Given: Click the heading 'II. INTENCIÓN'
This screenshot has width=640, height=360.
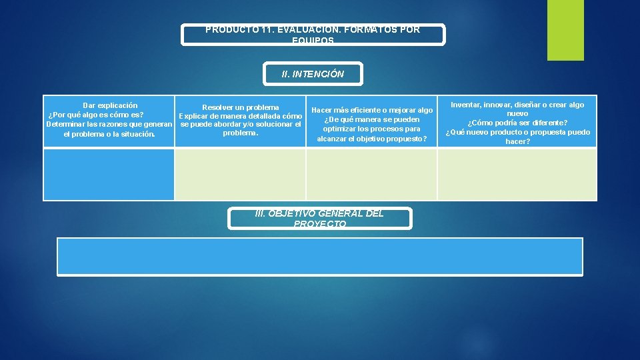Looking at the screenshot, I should pyautogui.click(x=313, y=74).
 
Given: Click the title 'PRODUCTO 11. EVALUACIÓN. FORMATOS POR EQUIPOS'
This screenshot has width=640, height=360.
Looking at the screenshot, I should pyautogui.click(x=313, y=35).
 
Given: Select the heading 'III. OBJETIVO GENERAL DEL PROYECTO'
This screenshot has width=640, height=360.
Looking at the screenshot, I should pyautogui.click(x=319, y=219).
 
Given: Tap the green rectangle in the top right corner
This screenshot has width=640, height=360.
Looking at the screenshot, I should pyautogui.click(x=565, y=30).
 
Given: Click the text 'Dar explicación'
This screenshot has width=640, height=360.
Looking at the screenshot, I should pyautogui.click(x=110, y=105).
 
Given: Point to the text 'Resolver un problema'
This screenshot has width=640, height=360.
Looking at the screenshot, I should pyautogui.click(x=241, y=107).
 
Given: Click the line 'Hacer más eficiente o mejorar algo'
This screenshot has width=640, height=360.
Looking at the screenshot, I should pyautogui.click(x=372, y=110).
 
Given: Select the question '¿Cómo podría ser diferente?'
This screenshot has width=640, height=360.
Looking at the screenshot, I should pyautogui.click(x=517, y=123).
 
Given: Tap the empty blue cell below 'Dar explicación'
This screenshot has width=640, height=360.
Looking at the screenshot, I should pyautogui.click(x=109, y=174).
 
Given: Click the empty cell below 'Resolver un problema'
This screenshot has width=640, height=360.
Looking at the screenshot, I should pyautogui.click(x=240, y=174).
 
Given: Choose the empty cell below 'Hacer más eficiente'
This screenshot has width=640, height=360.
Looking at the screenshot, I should pyautogui.click(x=371, y=174).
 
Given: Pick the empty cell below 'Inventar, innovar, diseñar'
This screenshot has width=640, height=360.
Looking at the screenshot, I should pyautogui.click(x=517, y=174).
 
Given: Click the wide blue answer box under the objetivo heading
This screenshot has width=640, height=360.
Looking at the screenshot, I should pyautogui.click(x=319, y=256).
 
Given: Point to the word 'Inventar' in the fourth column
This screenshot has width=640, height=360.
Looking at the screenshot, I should pyautogui.click(x=467, y=105).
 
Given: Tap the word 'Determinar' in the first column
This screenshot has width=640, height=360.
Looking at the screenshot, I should pyautogui.click(x=65, y=125).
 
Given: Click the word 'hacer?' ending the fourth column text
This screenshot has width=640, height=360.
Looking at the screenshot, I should pyautogui.click(x=517, y=141).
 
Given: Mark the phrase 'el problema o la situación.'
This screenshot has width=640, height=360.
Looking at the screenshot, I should pyautogui.click(x=109, y=134).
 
